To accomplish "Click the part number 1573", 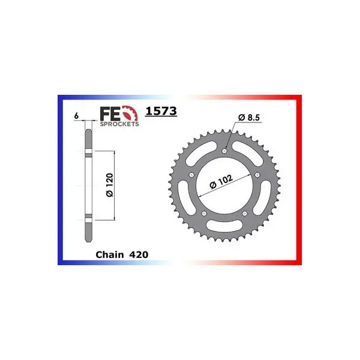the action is (161, 111).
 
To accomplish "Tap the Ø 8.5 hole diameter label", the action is (249, 118).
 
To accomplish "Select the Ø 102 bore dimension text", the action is (221, 182).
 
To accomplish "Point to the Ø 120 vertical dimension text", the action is (110, 185).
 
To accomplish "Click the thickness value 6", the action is (76, 116).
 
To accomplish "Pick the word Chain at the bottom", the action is (110, 254).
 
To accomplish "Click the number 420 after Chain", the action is (139, 254).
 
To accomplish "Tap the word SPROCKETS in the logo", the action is (119, 124).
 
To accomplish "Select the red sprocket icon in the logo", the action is (131, 113).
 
